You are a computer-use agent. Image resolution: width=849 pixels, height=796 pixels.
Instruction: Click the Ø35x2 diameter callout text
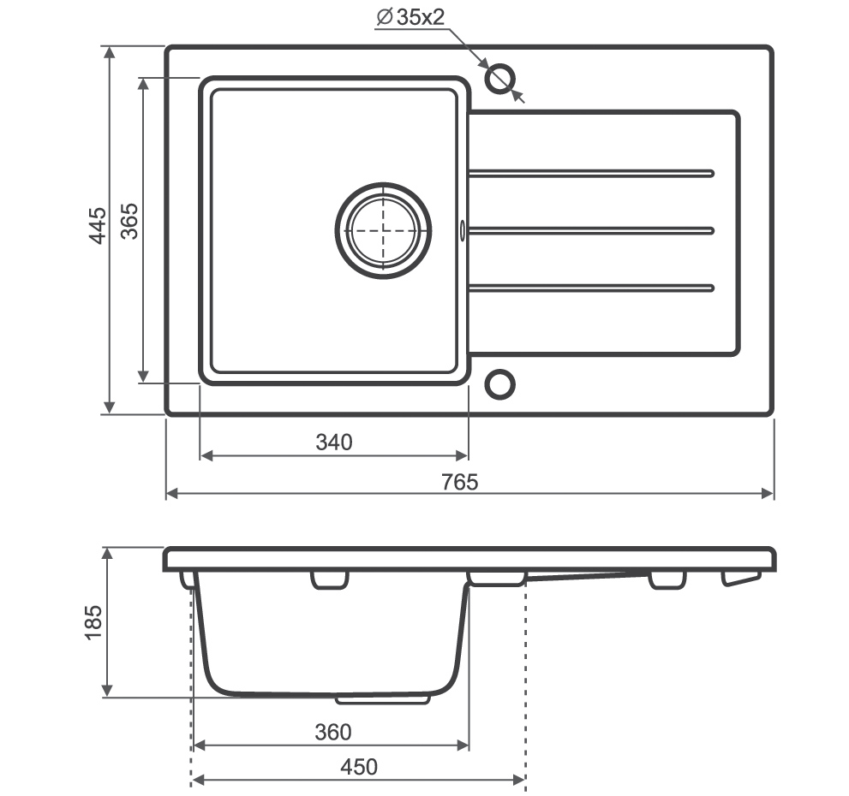[x=410, y=17]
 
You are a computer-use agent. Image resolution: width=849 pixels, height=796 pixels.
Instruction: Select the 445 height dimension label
[x=98, y=225]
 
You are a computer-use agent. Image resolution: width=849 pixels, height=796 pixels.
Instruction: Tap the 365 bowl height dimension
[x=129, y=222]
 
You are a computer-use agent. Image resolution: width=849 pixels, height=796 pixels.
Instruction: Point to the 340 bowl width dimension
[x=334, y=443]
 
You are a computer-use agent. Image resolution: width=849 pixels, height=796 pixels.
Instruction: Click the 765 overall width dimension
[x=460, y=482]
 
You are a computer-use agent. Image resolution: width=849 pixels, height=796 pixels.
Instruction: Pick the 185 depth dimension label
[x=93, y=623]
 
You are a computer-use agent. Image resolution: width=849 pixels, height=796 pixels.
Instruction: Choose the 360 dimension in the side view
[x=333, y=732]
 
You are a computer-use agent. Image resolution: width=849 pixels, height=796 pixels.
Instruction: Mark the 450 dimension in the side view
[x=359, y=767]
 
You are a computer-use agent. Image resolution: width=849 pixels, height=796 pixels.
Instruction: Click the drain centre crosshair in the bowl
[x=383, y=230]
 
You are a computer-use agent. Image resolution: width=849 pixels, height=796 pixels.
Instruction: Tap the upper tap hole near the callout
[x=499, y=79]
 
